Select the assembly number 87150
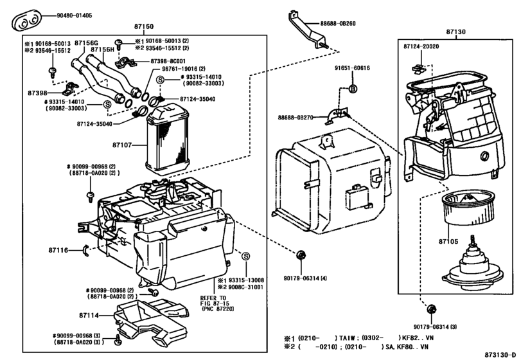pyautogui.click(x=142, y=28)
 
